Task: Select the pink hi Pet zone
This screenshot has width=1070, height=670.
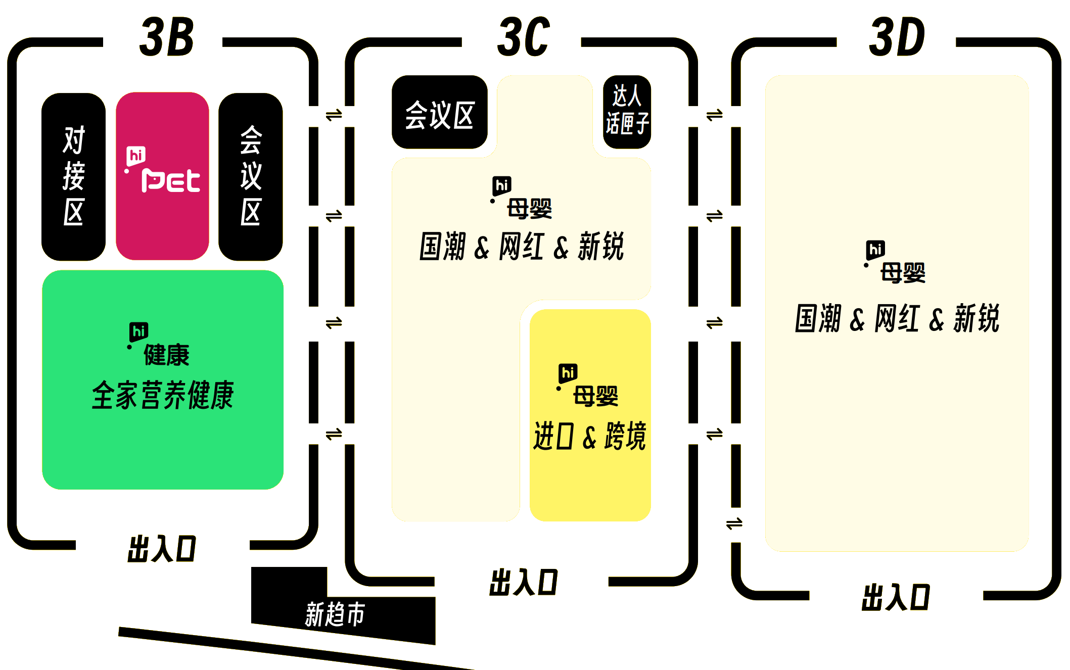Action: click(x=162, y=175)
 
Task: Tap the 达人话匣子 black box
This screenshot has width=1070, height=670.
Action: click(x=627, y=111)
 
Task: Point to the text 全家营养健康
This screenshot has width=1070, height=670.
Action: click(x=163, y=395)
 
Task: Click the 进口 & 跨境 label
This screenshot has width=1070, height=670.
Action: click(x=590, y=436)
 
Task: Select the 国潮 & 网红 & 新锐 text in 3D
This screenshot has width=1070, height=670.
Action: click(x=897, y=318)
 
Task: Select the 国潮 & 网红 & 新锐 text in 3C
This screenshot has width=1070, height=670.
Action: click(x=522, y=247)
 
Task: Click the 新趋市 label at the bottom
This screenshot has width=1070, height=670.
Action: click(x=335, y=614)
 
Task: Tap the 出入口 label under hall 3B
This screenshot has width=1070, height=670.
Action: click(x=162, y=549)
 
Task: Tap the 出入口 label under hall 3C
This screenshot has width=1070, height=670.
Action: click(x=524, y=582)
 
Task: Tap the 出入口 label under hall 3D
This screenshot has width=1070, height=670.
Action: click(x=896, y=597)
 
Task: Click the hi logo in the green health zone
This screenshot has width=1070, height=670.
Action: click(x=138, y=332)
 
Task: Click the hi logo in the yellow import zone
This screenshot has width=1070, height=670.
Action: click(x=568, y=373)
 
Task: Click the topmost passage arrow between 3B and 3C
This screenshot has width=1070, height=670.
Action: click(x=334, y=116)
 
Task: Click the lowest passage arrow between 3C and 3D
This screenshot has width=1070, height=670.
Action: click(x=734, y=523)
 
